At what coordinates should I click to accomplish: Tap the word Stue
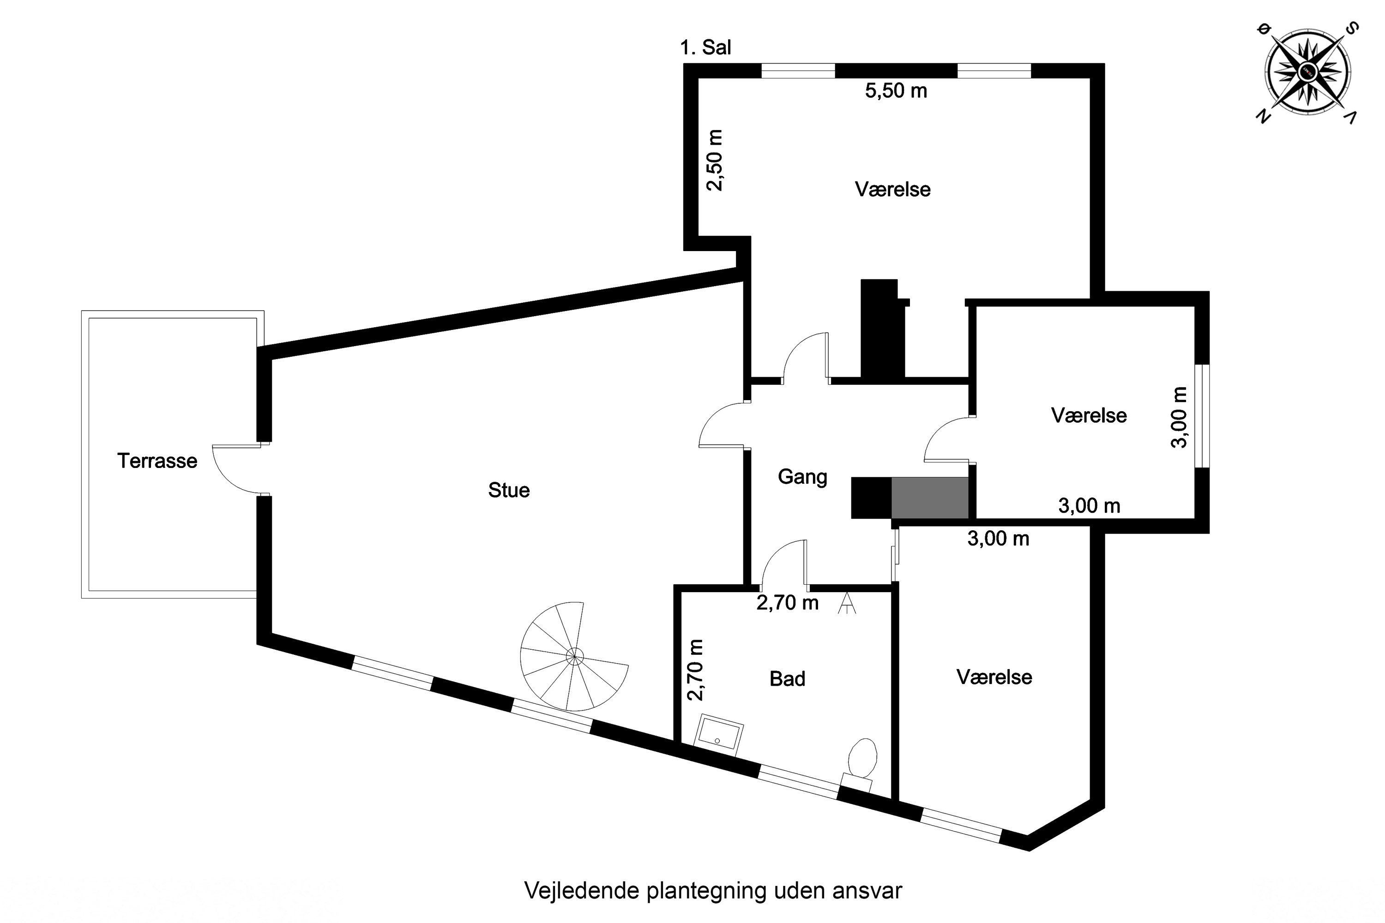coord(509,490)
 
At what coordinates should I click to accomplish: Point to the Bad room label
coord(787,679)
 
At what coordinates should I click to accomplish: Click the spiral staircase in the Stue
coord(574,656)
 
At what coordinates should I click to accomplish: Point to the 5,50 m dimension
coord(896,90)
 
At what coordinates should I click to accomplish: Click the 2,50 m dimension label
coord(714,160)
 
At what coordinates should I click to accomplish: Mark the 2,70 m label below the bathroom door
coord(787,603)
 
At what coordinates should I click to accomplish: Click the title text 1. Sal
coord(705,47)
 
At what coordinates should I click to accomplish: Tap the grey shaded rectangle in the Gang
coord(930,498)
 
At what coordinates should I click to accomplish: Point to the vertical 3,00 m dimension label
coord(1178,417)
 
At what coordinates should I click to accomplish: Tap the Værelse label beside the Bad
coord(994,677)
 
